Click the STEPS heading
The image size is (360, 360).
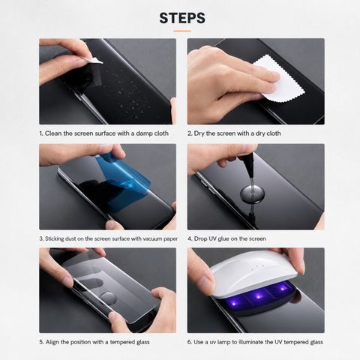click(182, 18)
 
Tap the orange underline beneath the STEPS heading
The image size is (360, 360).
click(182, 31)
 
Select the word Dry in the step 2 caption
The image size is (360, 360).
click(199, 133)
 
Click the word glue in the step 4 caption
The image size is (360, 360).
click(223, 239)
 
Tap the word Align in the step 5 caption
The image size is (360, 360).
click(52, 342)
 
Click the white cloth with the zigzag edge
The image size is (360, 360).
click(280, 79)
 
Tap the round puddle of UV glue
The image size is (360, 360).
click(252, 193)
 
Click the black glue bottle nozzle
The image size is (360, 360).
click(250, 165)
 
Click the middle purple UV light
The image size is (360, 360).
click(258, 296)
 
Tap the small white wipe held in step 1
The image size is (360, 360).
click(94, 60)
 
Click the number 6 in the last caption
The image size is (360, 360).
click(190, 342)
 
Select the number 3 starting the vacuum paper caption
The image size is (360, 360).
click(41, 238)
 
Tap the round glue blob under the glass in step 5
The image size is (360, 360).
click(108, 298)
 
